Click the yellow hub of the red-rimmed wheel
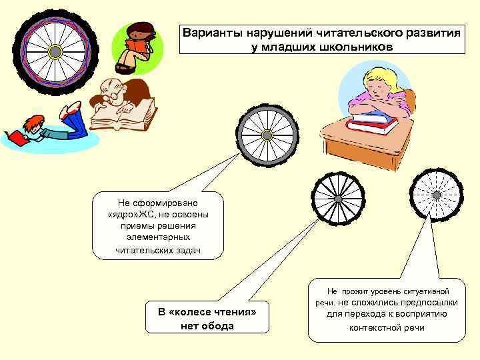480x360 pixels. [x=55, y=51]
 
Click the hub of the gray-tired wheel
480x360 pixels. [x=267, y=135]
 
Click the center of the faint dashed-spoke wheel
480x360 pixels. [x=436, y=195]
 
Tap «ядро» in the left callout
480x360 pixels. [x=122, y=214]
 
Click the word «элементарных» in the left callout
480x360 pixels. [x=150, y=237]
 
